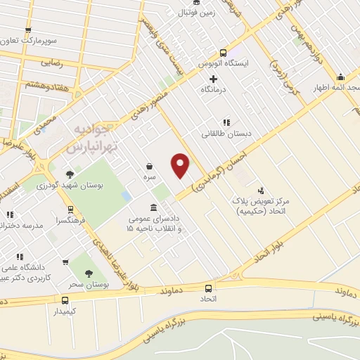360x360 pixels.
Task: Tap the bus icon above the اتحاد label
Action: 209,288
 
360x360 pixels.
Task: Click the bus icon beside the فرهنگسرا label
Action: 70,209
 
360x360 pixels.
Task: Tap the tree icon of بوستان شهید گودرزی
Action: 69,174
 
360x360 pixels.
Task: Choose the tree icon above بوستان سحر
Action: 89,274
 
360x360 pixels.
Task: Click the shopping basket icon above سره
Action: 150,166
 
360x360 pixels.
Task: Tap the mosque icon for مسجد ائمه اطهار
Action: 342,77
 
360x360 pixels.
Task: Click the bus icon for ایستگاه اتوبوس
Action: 224,52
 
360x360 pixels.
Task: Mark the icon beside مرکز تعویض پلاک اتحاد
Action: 262,190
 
